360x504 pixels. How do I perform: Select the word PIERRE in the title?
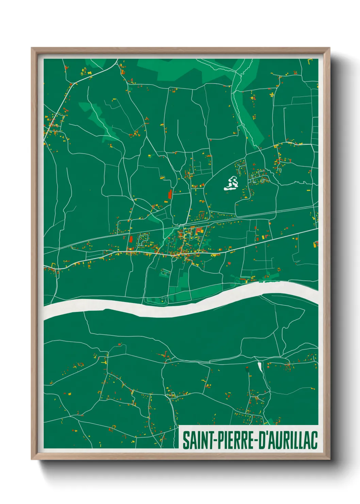click(x=232, y=440)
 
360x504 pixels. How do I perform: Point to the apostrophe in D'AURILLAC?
click(x=266, y=435)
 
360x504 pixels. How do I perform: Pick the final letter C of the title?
click(x=314, y=440)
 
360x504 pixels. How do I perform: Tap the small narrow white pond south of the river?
click(x=260, y=367)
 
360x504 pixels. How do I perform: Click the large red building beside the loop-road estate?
click(x=131, y=239)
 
